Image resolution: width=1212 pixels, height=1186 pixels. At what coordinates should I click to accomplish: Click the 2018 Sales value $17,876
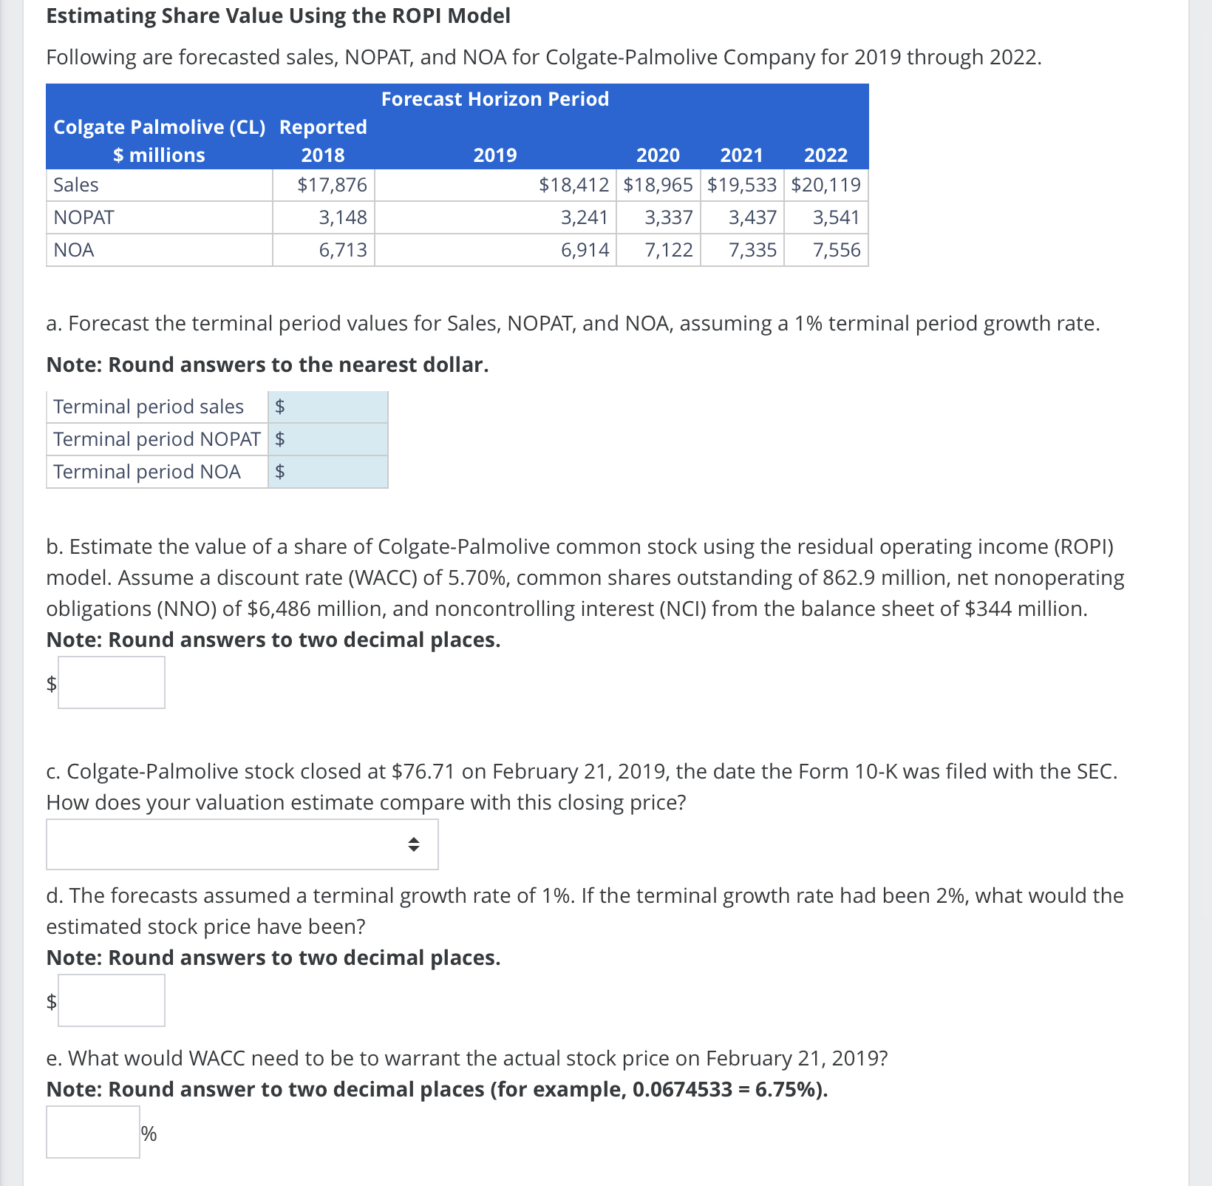tap(332, 185)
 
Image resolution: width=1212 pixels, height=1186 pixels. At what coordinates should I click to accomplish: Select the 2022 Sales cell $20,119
tap(825, 185)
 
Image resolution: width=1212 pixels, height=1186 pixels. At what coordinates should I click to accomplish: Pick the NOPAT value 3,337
tap(668, 217)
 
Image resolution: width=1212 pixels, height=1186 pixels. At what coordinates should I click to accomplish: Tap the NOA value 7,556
tap(836, 250)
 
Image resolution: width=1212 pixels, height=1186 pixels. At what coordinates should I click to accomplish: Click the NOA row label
tap(74, 250)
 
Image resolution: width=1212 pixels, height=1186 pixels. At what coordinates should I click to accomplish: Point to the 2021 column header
tap(741, 155)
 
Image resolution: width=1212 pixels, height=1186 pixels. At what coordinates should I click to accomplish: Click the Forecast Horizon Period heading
tap(494, 99)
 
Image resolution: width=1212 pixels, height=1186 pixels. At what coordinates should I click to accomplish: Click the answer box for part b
tap(112, 682)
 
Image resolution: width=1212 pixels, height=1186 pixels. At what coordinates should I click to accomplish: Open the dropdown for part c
tap(242, 844)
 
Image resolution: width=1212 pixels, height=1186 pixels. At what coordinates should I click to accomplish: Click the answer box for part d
tap(112, 1000)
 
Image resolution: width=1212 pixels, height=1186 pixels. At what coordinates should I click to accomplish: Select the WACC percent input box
tap(93, 1132)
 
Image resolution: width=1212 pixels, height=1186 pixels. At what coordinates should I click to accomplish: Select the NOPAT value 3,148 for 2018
tap(342, 217)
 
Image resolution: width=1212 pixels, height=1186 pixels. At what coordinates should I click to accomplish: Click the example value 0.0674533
tap(681, 1089)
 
